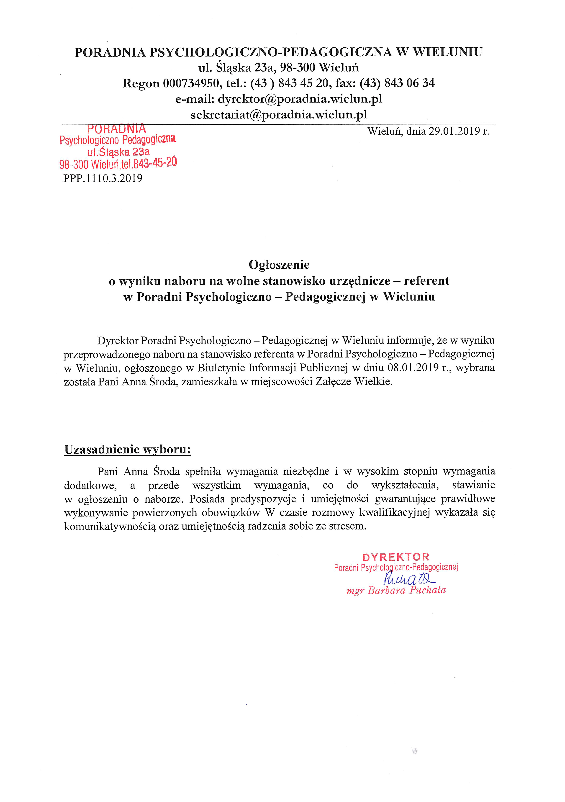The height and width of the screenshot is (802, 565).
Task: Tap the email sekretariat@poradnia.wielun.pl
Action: pos(279,115)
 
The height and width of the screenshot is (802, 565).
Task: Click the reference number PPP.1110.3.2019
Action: pos(103,178)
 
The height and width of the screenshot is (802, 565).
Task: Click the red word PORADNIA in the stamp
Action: pos(116,129)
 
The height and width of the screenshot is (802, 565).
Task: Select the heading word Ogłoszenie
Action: pos(279,265)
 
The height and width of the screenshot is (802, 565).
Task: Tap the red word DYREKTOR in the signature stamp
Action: pos(396,557)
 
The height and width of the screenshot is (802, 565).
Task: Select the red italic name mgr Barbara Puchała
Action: pos(396,591)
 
